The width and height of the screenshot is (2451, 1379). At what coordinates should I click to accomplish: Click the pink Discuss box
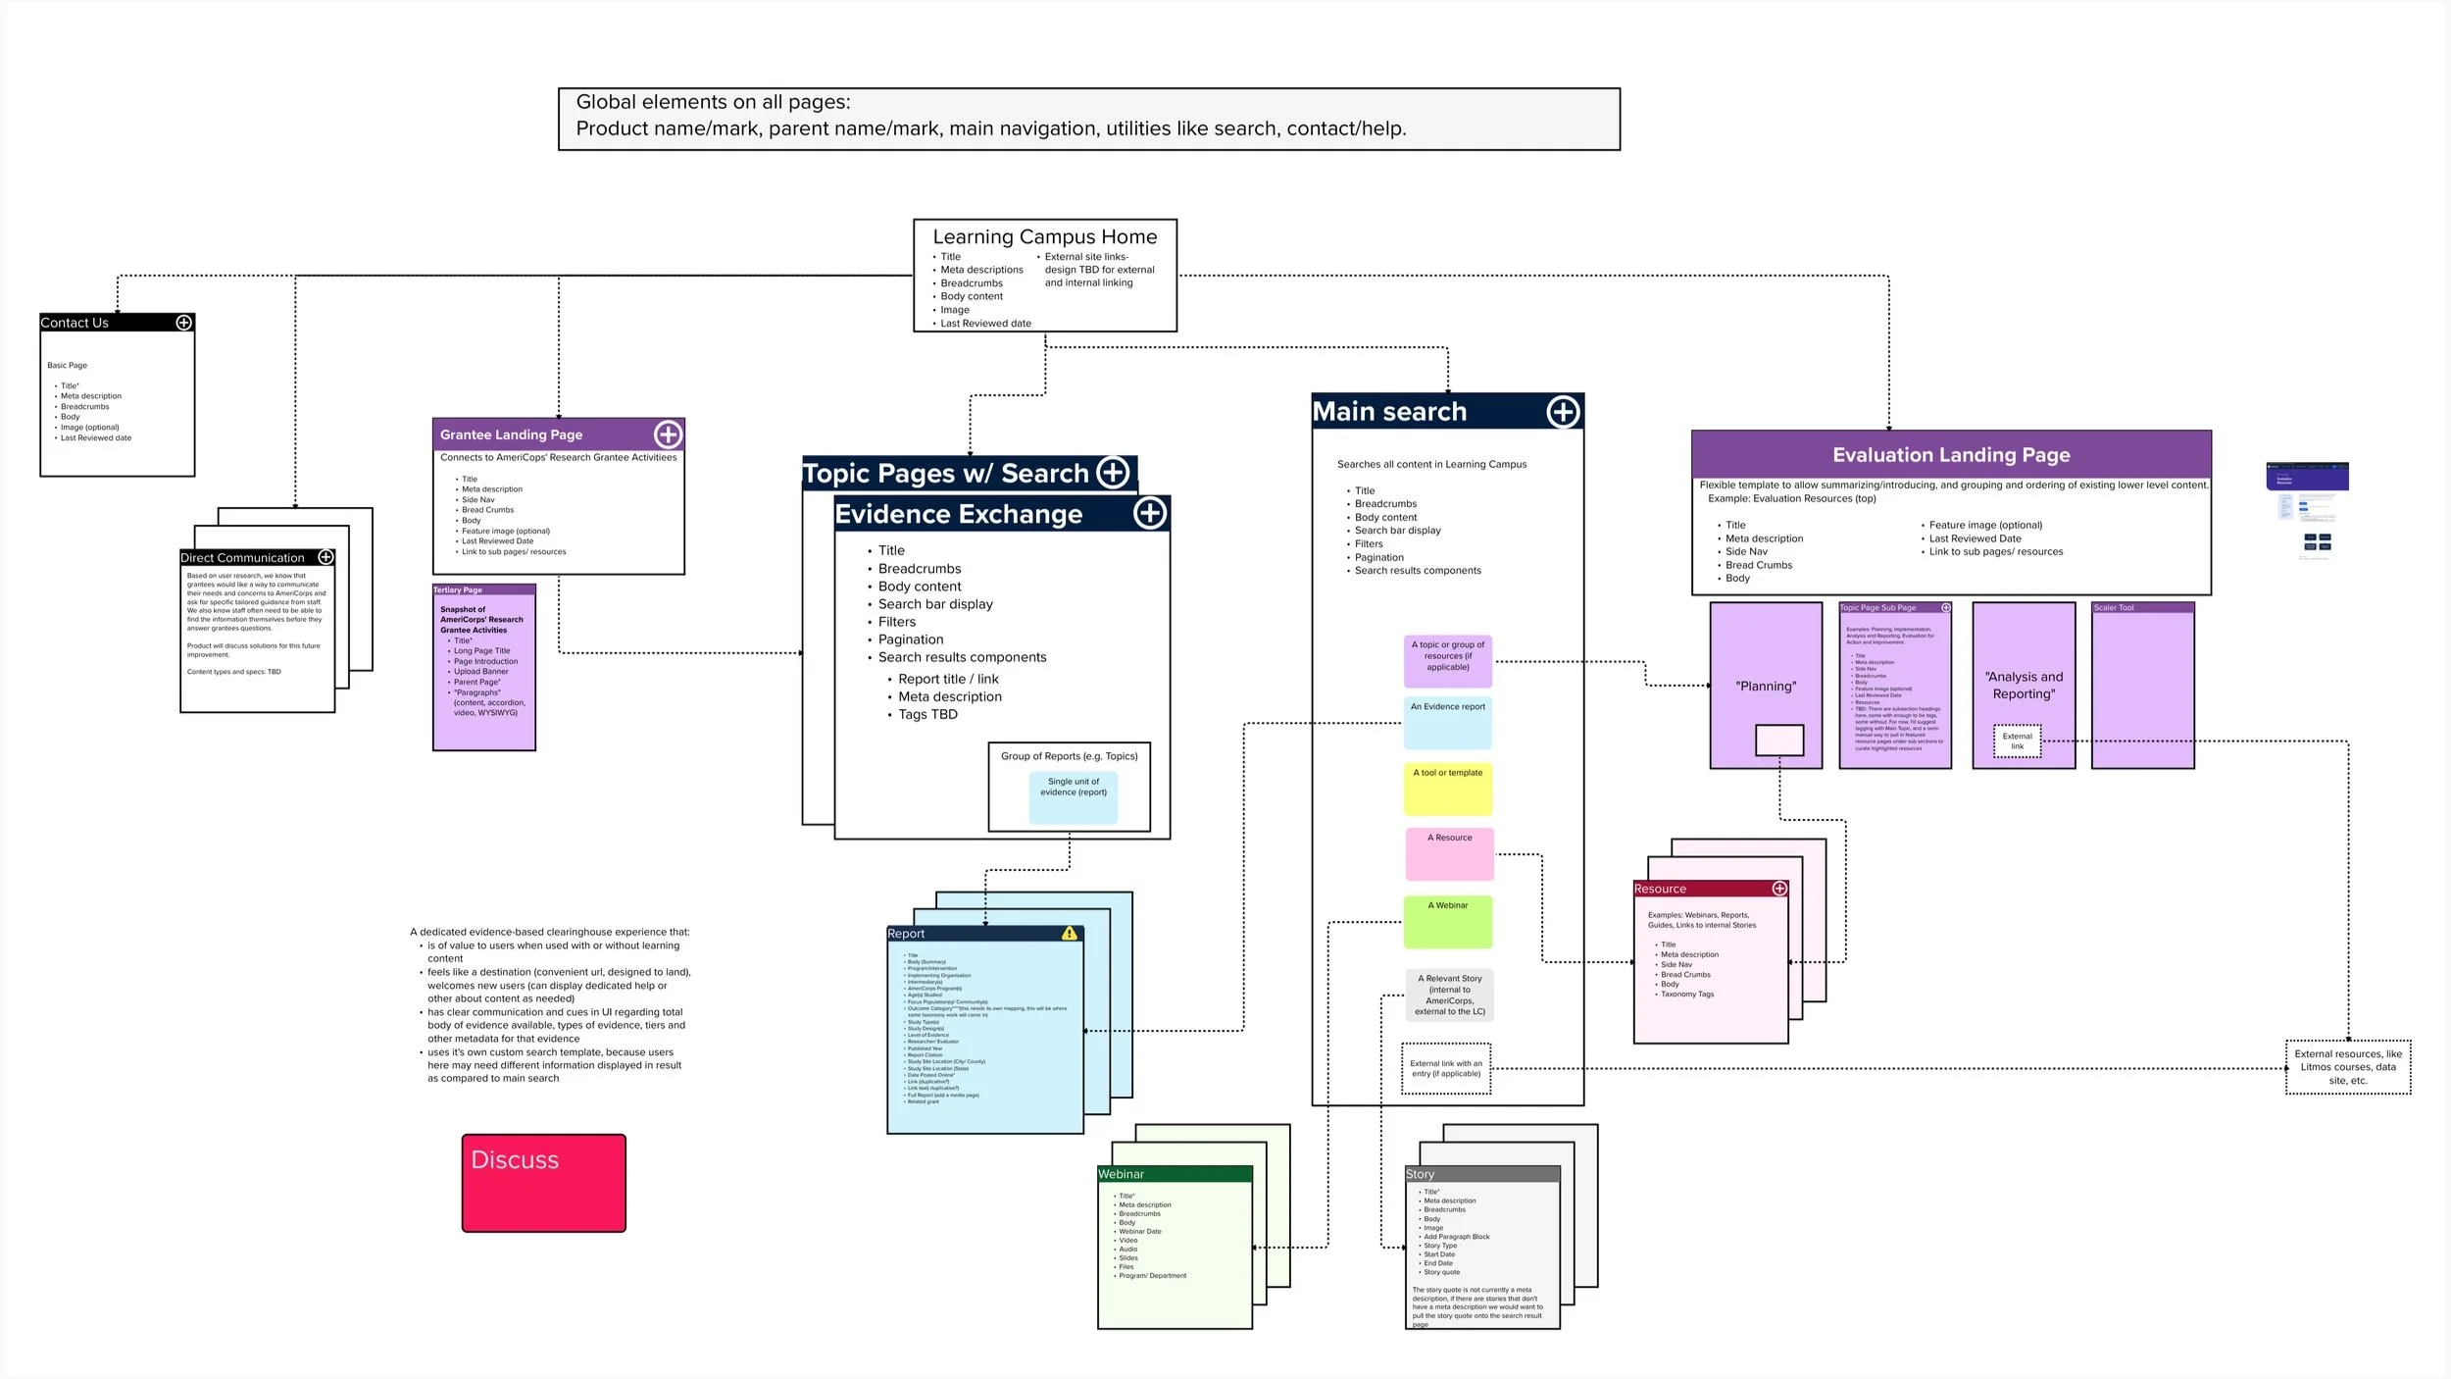543,1183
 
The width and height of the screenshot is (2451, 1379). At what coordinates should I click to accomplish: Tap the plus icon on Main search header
1563,412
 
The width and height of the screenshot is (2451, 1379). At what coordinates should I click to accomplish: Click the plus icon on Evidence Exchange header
1149,513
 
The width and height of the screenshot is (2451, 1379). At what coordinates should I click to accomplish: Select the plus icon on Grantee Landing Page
668,434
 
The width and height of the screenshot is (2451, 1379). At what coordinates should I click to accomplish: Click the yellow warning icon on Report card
1069,934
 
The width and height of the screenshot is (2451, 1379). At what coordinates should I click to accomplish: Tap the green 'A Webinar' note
1447,922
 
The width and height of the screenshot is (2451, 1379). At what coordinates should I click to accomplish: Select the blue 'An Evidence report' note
1447,723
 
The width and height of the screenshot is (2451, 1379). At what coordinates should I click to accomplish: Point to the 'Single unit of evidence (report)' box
1073,796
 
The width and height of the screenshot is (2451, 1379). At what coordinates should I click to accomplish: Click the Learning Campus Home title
1044,237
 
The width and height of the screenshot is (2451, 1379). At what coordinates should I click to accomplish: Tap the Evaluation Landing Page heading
1950,455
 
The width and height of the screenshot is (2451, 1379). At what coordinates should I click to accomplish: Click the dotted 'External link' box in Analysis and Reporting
2017,741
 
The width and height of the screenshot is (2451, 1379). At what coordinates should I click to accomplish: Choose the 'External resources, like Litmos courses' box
2347,1067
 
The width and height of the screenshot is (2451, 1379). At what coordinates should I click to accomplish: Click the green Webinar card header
1174,1174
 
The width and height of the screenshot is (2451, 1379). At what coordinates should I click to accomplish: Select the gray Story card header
1481,1174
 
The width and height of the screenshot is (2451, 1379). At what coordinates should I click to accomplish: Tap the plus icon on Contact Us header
183,323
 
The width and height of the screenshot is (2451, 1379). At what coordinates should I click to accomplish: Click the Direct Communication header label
242,558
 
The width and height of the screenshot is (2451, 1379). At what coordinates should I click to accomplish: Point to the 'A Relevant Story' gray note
1449,995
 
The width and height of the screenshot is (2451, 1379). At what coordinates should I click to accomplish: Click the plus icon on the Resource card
1778,889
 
